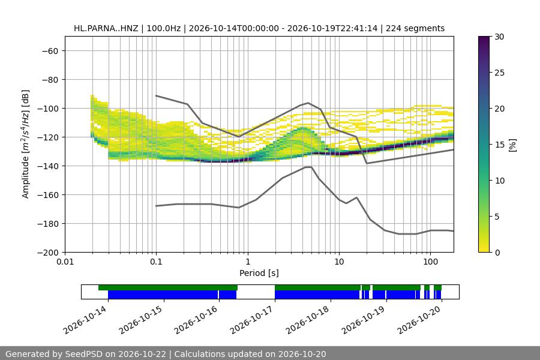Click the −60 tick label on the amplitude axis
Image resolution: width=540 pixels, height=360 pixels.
(x=50, y=51)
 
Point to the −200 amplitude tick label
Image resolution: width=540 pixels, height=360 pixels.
(x=48, y=253)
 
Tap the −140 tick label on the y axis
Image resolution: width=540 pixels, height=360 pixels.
(x=48, y=166)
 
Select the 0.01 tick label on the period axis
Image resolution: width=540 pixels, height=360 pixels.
(x=65, y=262)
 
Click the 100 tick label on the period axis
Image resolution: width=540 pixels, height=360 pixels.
(x=430, y=262)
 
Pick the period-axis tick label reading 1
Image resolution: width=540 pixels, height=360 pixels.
(x=248, y=262)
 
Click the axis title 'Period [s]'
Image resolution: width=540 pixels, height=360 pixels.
(x=259, y=273)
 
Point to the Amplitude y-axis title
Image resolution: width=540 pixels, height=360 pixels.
(x=25, y=144)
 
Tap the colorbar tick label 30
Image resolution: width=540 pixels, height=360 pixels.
(x=499, y=37)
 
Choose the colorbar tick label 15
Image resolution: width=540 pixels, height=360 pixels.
(x=499, y=145)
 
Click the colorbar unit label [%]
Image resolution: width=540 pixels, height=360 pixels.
(x=513, y=145)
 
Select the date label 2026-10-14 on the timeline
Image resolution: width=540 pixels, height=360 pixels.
(x=85, y=320)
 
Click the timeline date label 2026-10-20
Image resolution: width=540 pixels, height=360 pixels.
(x=419, y=320)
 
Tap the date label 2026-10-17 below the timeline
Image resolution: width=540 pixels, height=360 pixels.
(x=253, y=320)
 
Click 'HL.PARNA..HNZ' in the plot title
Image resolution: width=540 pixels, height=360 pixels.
(x=106, y=28)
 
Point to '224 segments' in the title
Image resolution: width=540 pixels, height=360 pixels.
(x=415, y=28)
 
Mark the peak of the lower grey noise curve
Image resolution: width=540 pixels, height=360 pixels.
(x=308, y=167)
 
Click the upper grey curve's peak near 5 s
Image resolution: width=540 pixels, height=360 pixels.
(x=308, y=103)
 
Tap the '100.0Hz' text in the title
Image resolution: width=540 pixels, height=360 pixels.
(x=164, y=28)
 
